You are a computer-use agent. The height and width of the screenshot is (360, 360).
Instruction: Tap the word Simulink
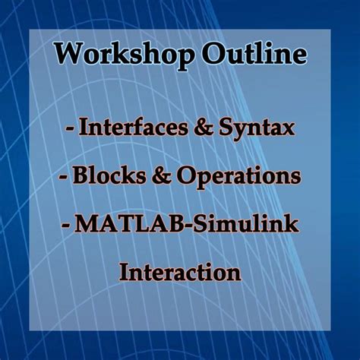[242, 225]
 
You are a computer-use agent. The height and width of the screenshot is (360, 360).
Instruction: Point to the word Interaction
[179, 271]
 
